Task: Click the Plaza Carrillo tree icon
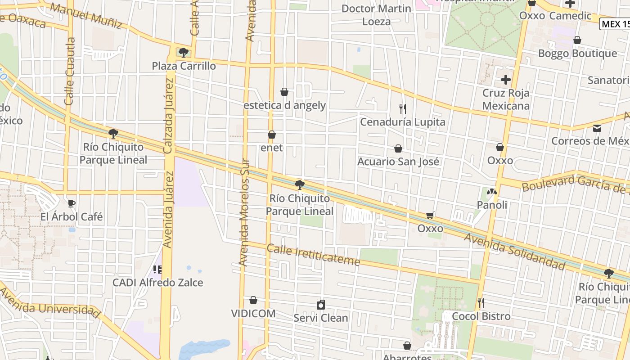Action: click(x=183, y=53)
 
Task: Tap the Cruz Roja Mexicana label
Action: click(x=506, y=99)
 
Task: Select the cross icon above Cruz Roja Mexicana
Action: click(x=506, y=80)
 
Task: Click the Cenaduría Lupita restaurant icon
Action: click(x=403, y=108)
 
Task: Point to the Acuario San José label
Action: click(x=398, y=161)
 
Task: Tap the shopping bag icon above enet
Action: click(x=272, y=135)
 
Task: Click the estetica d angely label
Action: click(x=284, y=105)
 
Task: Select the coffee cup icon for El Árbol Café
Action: click(x=71, y=203)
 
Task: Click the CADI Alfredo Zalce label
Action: click(x=157, y=283)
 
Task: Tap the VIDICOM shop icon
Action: click(x=253, y=300)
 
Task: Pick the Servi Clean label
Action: click(x=320, y=318)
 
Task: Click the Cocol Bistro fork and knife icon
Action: click(x=481, y=303)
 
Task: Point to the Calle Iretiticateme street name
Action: click(x=313, y=255)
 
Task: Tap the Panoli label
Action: click(x=492, y=205)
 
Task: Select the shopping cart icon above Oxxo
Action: click(x=430, y=216)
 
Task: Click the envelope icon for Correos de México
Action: click(x=597, y=128)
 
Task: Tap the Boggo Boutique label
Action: click(x=577, y=54)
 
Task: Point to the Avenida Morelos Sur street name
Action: click(x=244, y=211)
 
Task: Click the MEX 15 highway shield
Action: click(x=615, y=24)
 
